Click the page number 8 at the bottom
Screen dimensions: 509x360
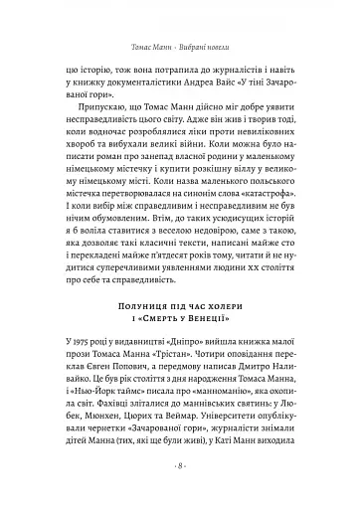pyautogui.click(x=180, y=493)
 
